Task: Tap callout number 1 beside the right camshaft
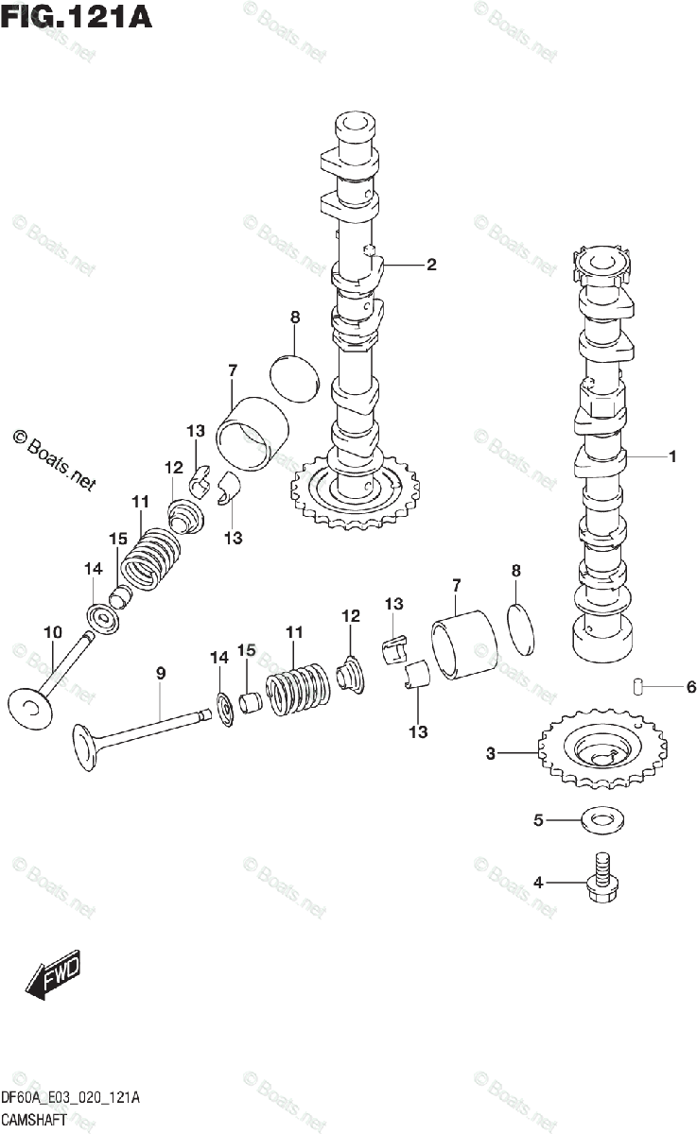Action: (x=672, y=457)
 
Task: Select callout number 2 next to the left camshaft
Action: (x=431, y=265)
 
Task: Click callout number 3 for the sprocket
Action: (x=491, y=753)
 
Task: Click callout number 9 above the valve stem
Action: (x=161, y=673)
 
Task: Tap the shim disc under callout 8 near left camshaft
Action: (x=296, y=376)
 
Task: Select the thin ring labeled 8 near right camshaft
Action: (x=522, y=626)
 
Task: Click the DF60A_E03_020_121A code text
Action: (x=71, y=1098)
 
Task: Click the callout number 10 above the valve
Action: (x=52, y=631)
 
